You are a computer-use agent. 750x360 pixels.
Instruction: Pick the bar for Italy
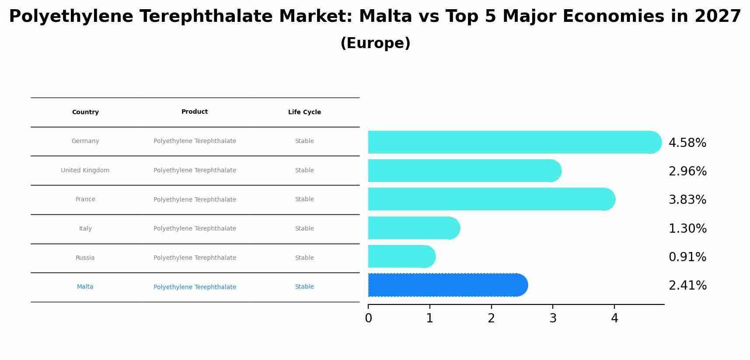tap(414, 228)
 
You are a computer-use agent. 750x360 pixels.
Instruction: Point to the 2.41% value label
tap(687, 286)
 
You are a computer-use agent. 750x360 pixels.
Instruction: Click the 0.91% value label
tap(687, 257)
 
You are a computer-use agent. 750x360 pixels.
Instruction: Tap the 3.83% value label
tap(687, 200)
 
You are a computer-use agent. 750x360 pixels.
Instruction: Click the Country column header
tap(85, 112)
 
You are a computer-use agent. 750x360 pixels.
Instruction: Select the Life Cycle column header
tap(304, 112)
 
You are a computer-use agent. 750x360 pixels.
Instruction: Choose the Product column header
tap(195, 112)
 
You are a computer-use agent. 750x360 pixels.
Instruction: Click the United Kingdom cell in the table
tap(85, 171)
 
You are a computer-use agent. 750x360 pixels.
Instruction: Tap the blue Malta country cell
tap(85, 287)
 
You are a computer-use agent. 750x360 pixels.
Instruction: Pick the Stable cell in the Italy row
tap(304, 229)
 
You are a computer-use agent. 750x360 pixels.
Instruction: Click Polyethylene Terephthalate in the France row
tap(195, 199)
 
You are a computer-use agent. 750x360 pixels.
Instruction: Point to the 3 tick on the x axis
tap(553, 318)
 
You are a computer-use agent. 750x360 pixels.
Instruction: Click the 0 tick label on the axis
tap(368, 318)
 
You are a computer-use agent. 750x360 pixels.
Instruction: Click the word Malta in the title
tap(385, 17)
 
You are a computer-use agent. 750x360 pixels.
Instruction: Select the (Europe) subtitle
tap(375, 43)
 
